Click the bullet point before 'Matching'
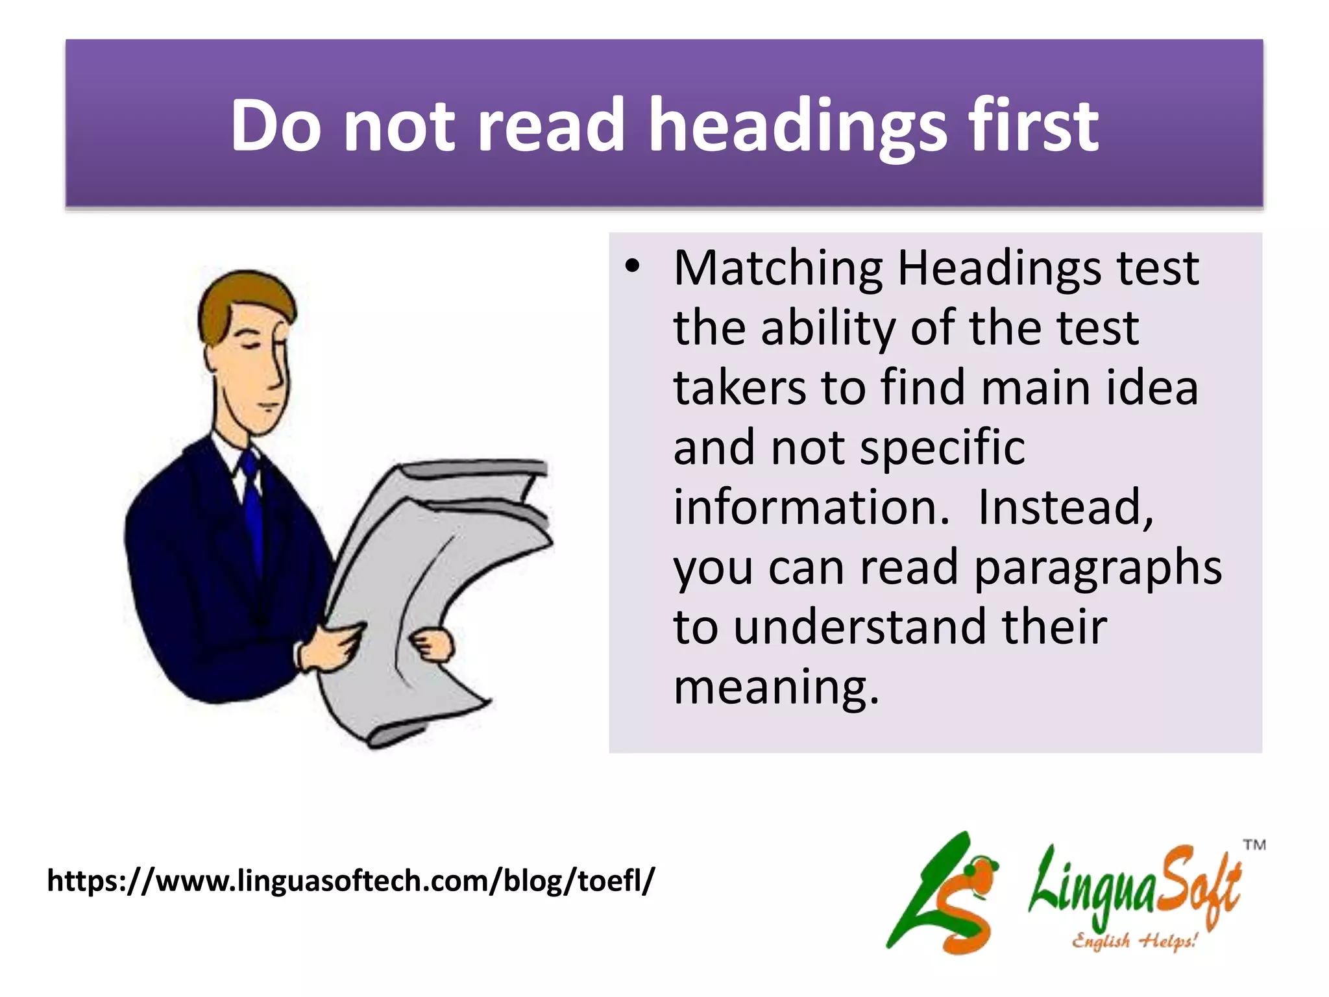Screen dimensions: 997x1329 pyautogui.click(x=633, y=267)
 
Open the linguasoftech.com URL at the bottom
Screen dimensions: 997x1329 pyautogui.click(x=351, y=881)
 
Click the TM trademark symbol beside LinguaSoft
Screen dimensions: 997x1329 pyautogui.click(x=1254, y=845)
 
